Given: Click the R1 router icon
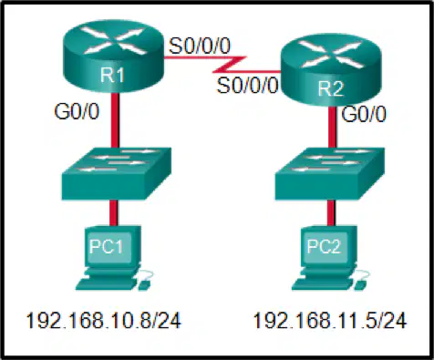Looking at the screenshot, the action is pos(113,56).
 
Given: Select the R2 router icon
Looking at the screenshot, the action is pos(330,70).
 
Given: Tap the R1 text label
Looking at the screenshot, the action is pos(112,75).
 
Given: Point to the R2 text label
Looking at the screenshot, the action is pos(330,89).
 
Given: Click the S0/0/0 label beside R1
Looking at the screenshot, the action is pos(200,46).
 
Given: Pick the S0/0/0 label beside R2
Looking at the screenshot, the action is pos(248,85).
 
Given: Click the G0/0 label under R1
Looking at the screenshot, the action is pos(77,111).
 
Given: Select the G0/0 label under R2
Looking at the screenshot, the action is pos(364,115).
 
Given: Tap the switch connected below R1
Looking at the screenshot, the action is pos(117,174).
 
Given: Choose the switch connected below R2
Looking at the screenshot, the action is pos(330,174).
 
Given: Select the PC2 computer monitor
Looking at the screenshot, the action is pos(329,247).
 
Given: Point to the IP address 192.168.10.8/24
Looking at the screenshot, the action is pos(103,320).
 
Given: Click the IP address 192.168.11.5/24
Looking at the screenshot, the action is pos(329,320).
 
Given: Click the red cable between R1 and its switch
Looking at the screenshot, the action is pos(115,120).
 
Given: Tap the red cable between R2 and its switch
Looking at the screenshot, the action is pos(332,127).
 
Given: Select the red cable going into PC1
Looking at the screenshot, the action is pos(113,212).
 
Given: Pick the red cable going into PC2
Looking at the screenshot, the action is pos(331,212).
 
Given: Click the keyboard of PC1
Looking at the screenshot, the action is pos(107,284).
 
